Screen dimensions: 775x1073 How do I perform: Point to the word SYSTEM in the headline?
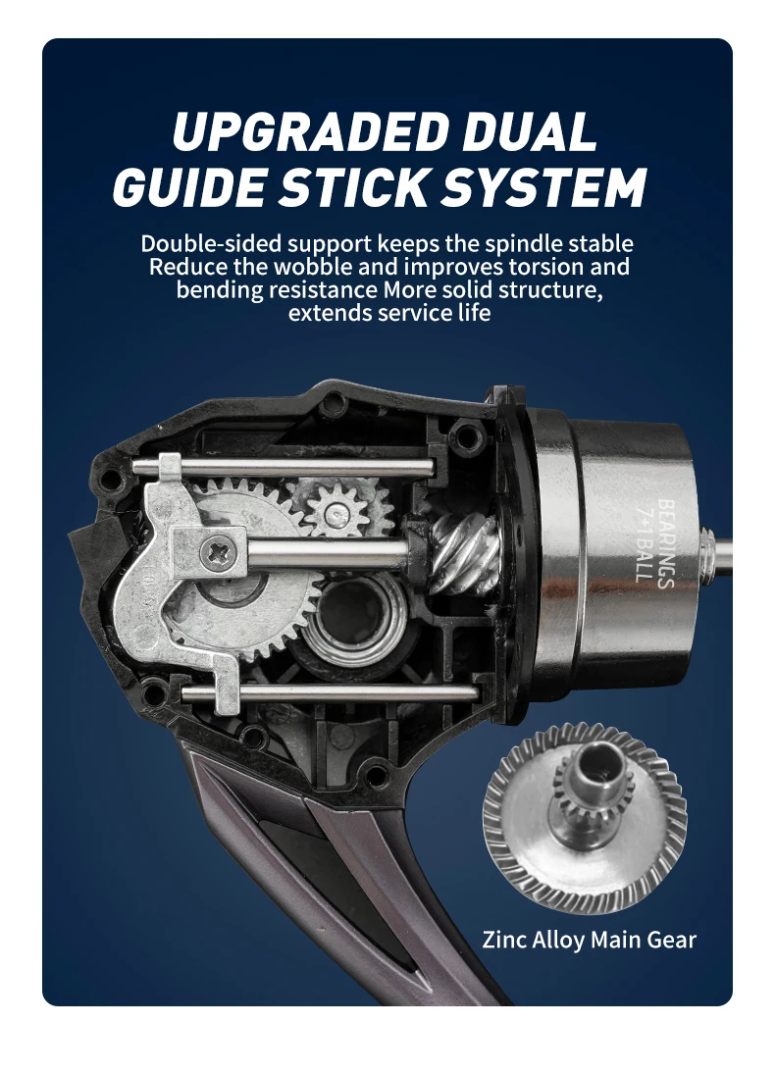pyautogui.click(x=542, y=185)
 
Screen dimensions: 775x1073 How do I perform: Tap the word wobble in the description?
pyautogui.click(x=315, y=266)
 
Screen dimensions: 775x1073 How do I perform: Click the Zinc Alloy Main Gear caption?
pyautogui.click(x=589, y=940)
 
